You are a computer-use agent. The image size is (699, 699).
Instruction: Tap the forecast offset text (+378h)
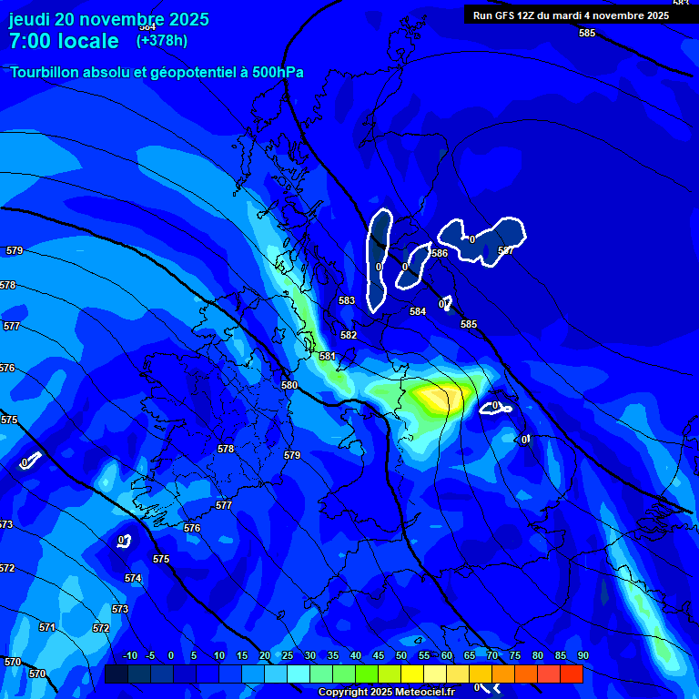pyautogui.click(x=163, y=40)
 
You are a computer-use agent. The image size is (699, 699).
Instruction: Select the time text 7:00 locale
pyautogui.click(x=64, y=41)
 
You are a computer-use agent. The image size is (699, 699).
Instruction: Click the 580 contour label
pyautogui.click(x=289, y=385)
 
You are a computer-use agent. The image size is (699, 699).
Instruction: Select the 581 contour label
pyautogui.click(x=328, y=356)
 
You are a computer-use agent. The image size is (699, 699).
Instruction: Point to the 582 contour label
pyautogui.click(x=349, y=335)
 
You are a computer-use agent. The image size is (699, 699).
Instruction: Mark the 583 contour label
pyautogui.click(x=347, y=300)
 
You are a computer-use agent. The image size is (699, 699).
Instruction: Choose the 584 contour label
pyautogui.click(x=418, y=311)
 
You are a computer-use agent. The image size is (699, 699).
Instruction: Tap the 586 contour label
pyautogui.click(x=440, y=253)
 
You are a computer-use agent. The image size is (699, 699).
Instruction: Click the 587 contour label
pyautogui.click(x=506, y=250)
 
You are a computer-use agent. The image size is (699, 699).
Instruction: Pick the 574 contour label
pyautogui.click(x=133, y=578)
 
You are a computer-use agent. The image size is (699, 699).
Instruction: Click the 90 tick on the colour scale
pyautogui.click(x=582, y=655)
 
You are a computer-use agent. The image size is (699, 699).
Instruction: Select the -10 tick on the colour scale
pyautogui.click(x=129, y=655)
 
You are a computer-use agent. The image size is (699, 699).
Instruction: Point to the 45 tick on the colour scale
pyautogui.click(x=379, y=655)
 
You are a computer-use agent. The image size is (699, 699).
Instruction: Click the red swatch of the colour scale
pyautogui.click(x=572, y=674)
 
